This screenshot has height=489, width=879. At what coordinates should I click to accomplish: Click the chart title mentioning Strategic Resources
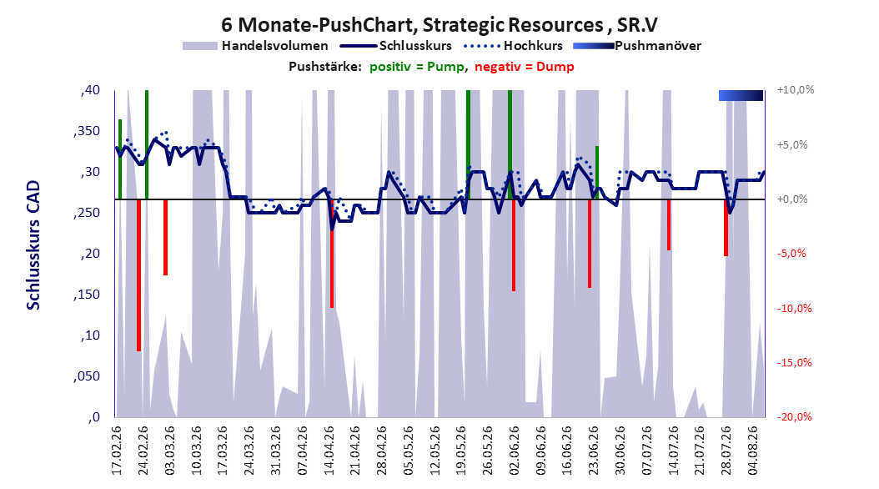click(439, 25)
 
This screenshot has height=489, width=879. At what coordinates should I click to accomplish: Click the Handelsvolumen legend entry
click(256, 46)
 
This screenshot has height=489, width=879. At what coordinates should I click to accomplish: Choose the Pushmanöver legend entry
click(637, 46)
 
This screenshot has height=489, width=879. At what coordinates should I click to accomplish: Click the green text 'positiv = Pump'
click(417, 67)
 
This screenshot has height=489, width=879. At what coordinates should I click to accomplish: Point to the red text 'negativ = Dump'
click(525, 67)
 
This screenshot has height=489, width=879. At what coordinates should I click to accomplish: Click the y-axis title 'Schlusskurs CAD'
click(33, 245)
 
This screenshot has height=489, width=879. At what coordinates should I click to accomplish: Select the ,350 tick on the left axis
click(87, 131)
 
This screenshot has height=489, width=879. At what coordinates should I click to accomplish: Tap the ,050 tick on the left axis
click(87, 376)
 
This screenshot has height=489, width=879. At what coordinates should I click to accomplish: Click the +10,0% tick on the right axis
click(796, 90)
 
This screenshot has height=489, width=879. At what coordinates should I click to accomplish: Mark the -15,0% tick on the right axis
click(794, 363)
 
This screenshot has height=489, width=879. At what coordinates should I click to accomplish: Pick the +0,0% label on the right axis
click(792, 199)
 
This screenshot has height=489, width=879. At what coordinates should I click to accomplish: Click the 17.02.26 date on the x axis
click(117, 451)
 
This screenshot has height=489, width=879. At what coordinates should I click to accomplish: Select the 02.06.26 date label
click(515, 451)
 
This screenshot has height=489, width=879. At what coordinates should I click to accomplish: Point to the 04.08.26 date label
click(753, 451)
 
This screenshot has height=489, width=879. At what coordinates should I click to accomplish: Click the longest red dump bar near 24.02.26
click(138, 275)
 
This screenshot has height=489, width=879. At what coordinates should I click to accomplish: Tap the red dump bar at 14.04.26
click(332, 254)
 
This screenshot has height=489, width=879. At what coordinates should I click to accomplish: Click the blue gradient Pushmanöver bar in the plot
click(741, 95)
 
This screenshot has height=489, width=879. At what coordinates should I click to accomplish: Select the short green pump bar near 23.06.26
click(597, 173)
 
